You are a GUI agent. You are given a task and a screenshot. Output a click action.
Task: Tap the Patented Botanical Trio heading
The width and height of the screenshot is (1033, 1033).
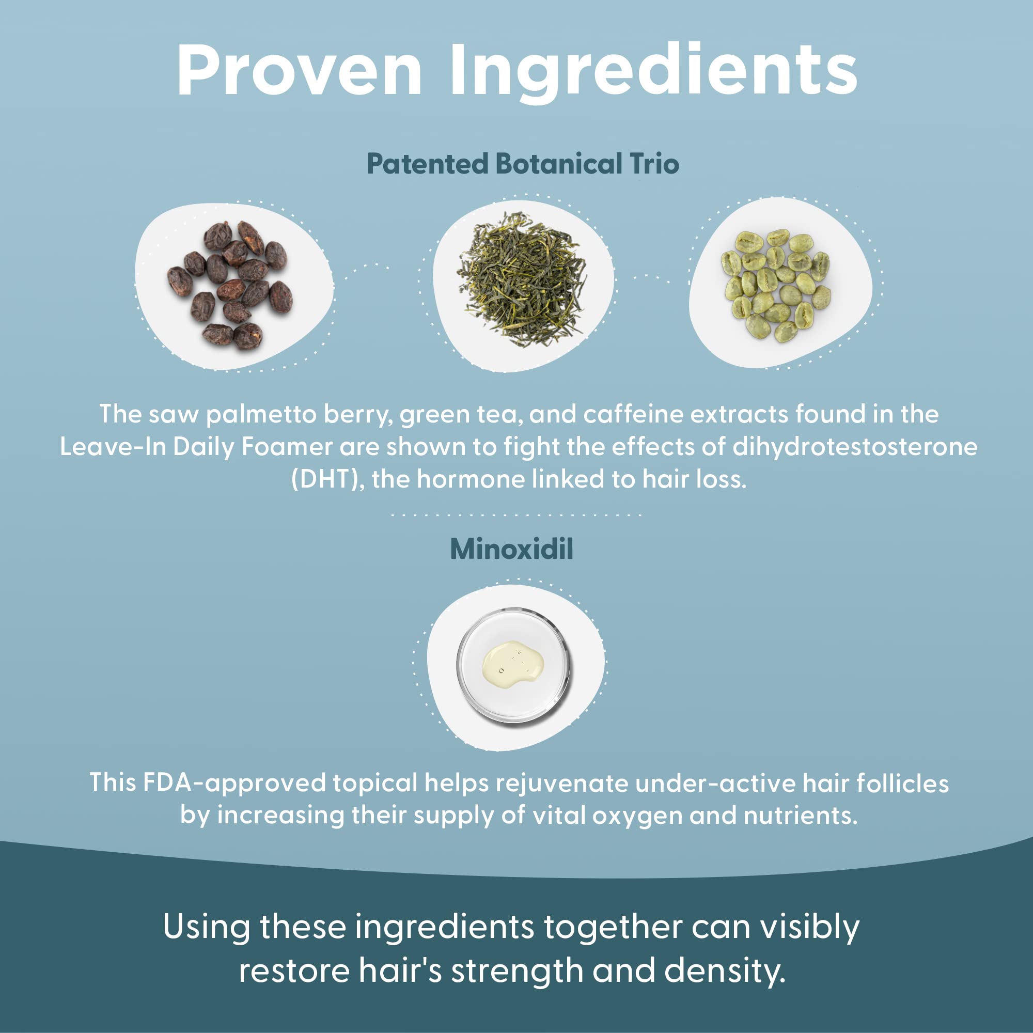tap(522, 164)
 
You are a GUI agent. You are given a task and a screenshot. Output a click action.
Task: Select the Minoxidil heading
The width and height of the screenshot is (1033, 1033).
tap(512, 549)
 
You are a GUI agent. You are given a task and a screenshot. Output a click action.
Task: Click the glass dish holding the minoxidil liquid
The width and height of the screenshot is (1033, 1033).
tap(513, 665)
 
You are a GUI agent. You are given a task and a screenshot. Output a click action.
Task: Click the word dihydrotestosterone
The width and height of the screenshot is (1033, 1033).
tap(854, 446)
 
